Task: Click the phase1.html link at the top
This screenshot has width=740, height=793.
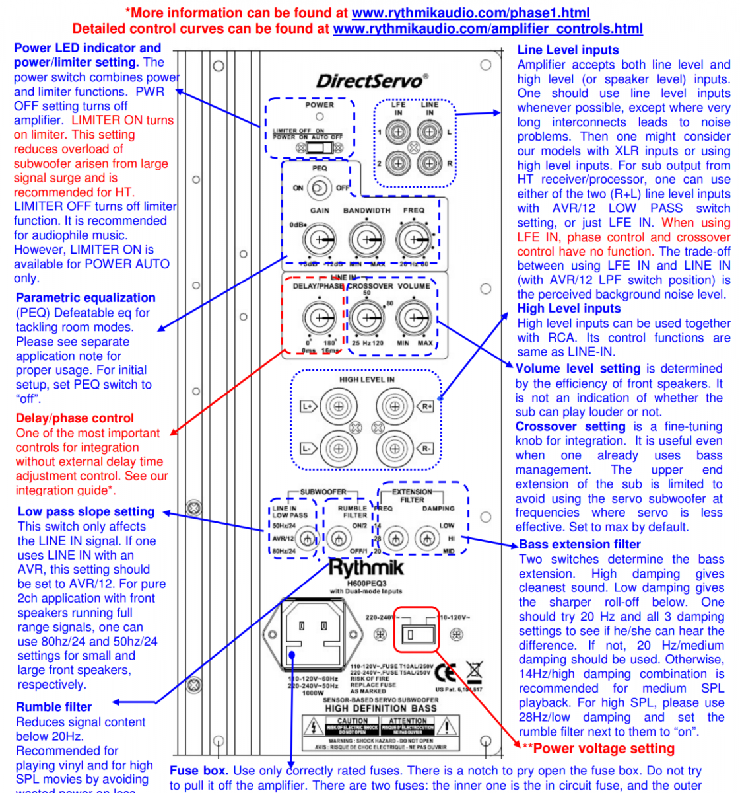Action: (x=471, y=13)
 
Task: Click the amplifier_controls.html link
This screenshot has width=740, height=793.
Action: (x=488, y=28)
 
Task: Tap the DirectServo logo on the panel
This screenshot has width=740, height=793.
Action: (x=372, y=81)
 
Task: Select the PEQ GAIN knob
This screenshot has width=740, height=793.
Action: (x=320, y=239)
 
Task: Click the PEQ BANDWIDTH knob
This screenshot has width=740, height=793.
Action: (x=366, y=239)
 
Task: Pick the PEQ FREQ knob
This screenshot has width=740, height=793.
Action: (x=414, y=239)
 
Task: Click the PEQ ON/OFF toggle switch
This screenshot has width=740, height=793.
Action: (x=320, y=188)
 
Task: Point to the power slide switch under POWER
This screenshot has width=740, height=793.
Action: (x=320, y=147)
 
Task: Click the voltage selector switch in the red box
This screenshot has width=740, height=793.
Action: (x=416, y=635)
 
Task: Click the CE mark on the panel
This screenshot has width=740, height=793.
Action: (x=446, y=673)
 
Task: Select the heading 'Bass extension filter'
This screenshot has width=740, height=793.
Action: (x=580, y=545)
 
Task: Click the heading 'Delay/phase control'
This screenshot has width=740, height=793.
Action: (x=75, y=418)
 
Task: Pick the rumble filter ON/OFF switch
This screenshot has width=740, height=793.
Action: (x=339, y=539)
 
